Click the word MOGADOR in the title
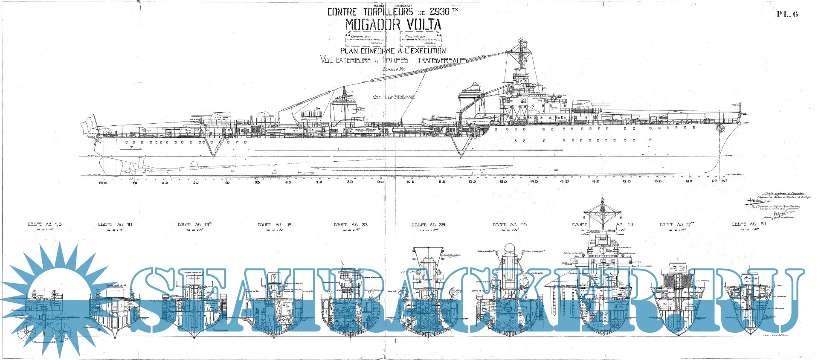tap(372, 25)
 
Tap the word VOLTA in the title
tap(423, 25)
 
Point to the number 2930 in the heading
tap(440, 12)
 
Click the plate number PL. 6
tap(787, 14)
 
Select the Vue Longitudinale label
tap(393, 97)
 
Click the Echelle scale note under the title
tap(394, 69)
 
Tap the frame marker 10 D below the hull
tap(410, 182)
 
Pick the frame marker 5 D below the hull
tap(258, 183)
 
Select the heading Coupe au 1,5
tap(45, 224)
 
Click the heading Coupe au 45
tap(510, 224)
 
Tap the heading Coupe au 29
tap(428, 224)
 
